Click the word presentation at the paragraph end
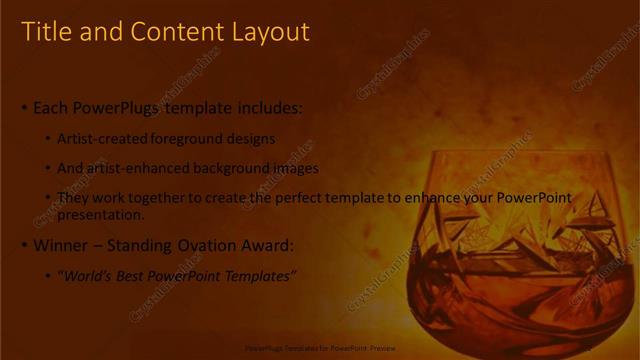click(100, 214)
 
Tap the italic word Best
click(136, 276)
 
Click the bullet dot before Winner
click(25, 245)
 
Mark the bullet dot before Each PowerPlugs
click(25, 107)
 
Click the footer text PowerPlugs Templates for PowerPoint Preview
click(319, 349)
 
